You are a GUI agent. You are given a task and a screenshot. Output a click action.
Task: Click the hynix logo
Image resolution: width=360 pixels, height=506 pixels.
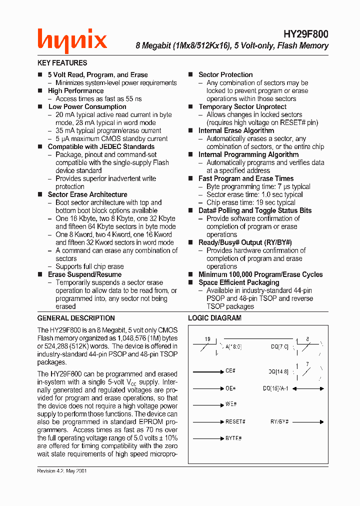tap(72, 41)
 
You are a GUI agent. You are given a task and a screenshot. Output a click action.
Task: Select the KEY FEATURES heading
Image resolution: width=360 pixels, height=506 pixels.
tap(62, 63)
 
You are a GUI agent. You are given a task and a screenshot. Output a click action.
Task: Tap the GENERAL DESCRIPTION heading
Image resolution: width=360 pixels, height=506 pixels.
tap(76, 318)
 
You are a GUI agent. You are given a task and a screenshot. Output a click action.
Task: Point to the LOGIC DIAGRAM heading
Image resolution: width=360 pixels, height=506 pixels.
tap(214, 318)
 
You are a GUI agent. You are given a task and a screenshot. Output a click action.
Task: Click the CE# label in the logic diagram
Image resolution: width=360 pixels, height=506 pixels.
tap(230, 371)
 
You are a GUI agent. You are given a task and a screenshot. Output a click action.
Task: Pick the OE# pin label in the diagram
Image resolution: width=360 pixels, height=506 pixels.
tap(230, 388)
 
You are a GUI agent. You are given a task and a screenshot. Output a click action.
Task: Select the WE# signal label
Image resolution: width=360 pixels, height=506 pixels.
tap(230, 404)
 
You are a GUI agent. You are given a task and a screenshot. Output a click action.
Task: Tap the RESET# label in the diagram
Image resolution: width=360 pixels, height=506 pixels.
tap(235, 421)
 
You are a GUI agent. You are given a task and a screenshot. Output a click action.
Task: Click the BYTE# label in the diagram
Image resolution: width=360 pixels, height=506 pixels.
tap(233, 438)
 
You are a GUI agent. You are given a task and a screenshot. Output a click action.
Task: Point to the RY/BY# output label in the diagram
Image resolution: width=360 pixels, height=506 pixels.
tap(280, 421)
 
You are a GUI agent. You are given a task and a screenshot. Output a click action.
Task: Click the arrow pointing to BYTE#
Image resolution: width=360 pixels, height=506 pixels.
tap(208, 438)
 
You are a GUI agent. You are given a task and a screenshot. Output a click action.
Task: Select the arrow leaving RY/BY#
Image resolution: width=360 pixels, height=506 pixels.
tap(308, 421)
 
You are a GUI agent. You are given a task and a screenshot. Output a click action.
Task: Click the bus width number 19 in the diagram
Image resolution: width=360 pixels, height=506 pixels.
tap(207, 339)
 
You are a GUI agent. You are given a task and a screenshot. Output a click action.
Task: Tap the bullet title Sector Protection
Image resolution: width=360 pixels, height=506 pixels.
tap(225, 74)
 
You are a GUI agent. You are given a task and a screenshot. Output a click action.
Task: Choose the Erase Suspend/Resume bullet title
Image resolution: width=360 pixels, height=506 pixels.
tap(84, 274)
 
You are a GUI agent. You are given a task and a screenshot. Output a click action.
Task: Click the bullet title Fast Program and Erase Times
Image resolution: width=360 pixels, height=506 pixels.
tap(246, 178)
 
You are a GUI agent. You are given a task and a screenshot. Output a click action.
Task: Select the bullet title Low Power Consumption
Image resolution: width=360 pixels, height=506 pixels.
tap(87, 106)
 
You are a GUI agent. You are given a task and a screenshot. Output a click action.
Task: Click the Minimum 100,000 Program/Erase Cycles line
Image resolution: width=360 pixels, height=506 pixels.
tap(260, 274)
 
